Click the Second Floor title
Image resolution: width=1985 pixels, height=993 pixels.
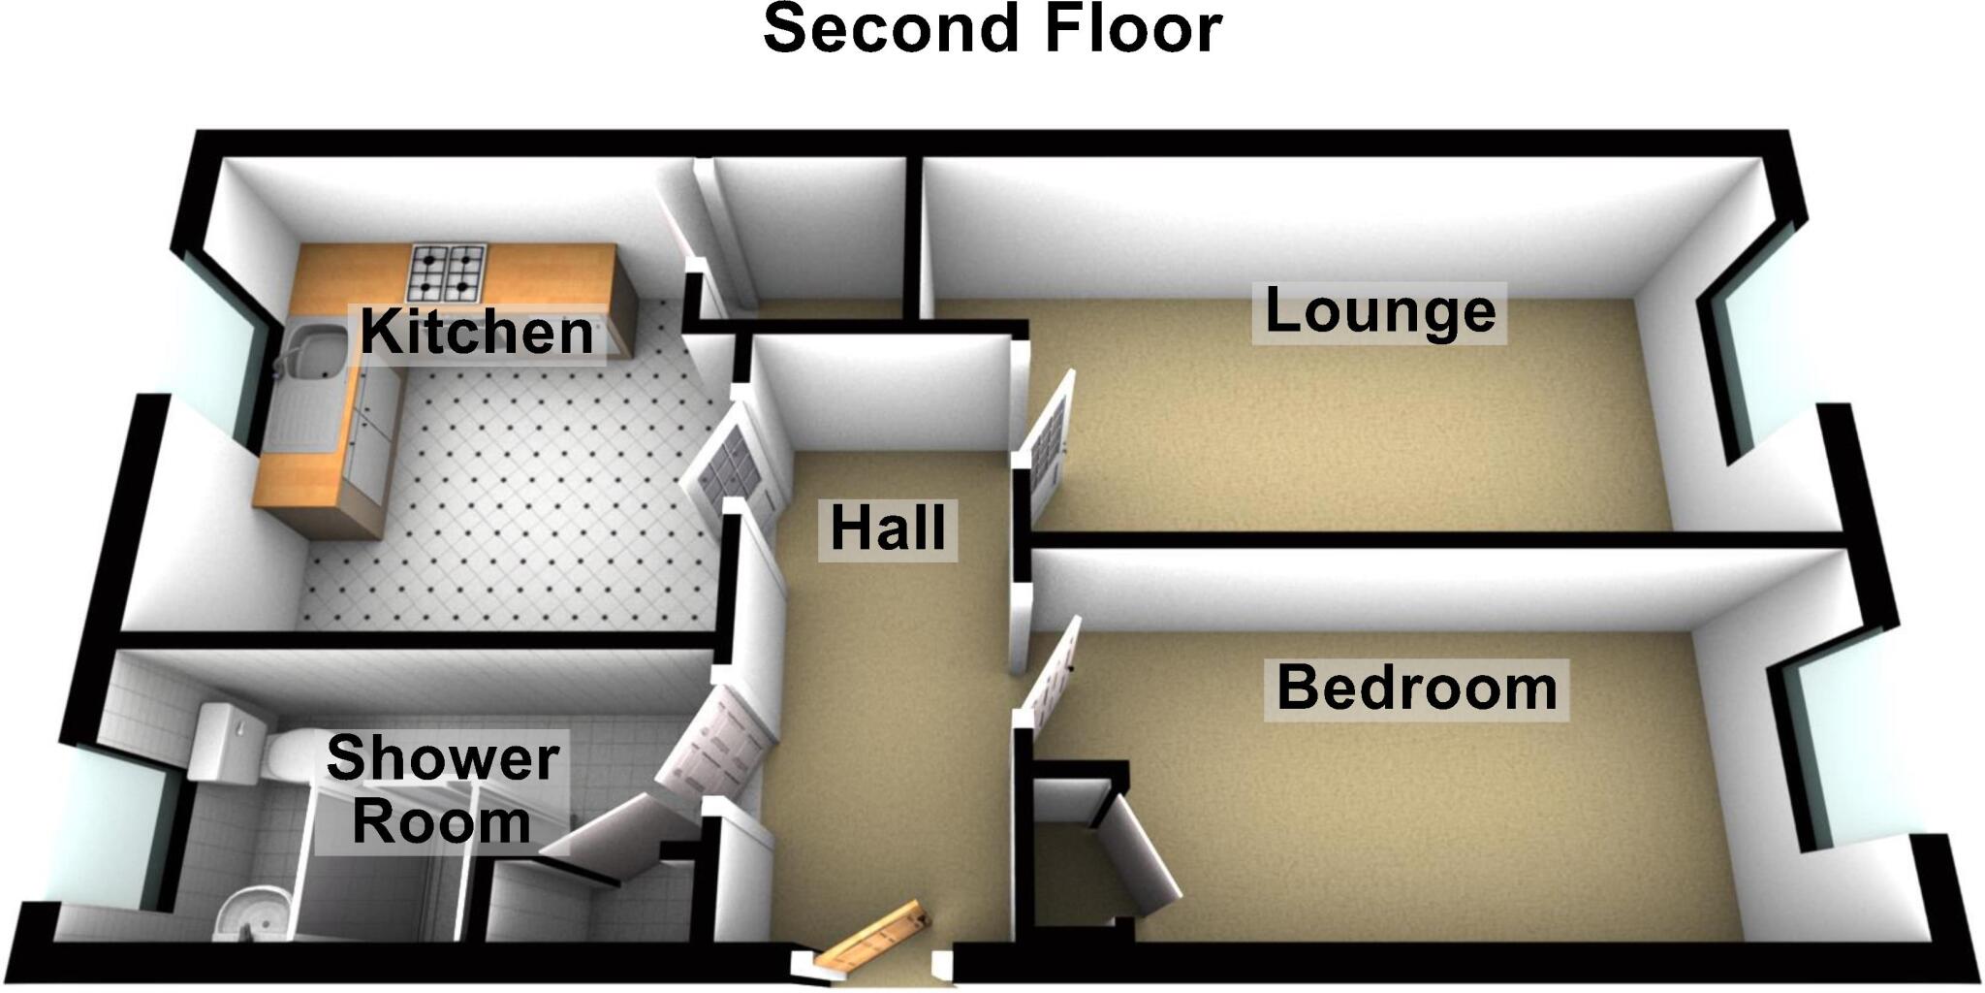[x=992, y=28]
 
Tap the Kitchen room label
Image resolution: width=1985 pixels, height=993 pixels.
[x=476, y=333]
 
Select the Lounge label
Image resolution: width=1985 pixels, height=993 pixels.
[x=1379, y=312]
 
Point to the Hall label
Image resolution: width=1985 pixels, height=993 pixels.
[x=888, y=529]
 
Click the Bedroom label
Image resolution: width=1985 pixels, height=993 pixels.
[x=1416, y=689]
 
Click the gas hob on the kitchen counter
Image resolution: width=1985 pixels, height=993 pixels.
[x=448, y=272]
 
